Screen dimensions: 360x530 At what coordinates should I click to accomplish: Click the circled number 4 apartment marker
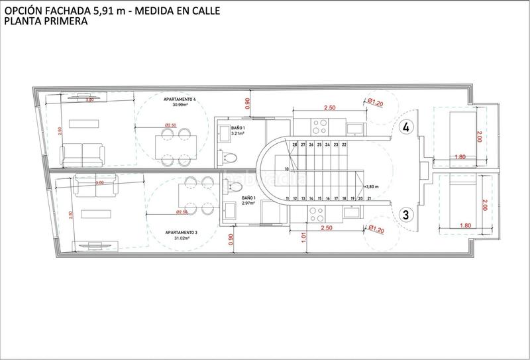tap(407, 126)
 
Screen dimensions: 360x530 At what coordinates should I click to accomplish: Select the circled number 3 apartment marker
tap(407, 214)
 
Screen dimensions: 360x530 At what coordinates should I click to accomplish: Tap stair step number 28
tap(294, 144)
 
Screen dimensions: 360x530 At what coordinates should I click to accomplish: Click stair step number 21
tap(359, 198)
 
